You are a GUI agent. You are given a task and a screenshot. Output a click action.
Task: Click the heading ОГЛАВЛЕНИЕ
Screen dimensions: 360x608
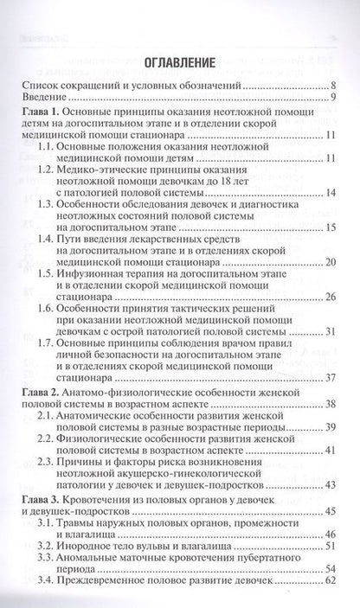pos(179,62)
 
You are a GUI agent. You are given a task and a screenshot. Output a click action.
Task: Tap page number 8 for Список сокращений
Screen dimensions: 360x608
pos(331,86)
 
